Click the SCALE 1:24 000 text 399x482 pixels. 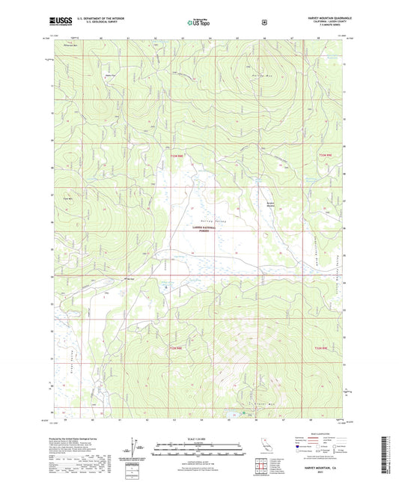pos(199,439)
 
